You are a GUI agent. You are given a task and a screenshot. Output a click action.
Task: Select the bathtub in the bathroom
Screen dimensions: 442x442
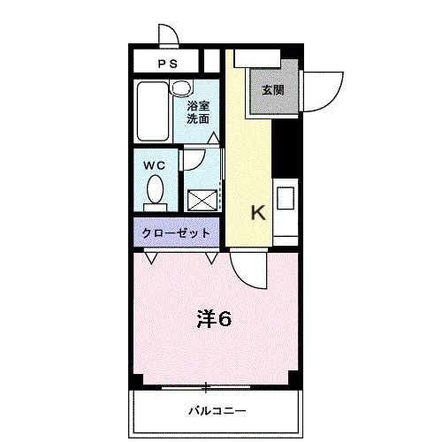152,113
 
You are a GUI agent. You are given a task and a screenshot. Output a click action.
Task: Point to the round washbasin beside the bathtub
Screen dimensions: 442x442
180,88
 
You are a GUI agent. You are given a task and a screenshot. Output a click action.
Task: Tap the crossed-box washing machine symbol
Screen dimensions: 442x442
202,199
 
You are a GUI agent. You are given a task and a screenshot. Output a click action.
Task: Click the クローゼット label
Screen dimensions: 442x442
177,233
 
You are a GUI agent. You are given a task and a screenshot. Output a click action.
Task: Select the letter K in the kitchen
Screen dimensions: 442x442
258,213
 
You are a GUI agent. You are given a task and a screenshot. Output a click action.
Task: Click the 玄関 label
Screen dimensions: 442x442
271,89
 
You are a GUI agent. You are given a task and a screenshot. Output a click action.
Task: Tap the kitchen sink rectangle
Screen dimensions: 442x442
286,198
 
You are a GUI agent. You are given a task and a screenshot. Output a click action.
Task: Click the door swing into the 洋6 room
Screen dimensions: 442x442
246,267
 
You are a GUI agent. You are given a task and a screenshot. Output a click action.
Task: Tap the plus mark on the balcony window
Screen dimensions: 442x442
206,386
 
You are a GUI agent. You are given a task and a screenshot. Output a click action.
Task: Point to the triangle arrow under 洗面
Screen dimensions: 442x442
212,137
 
